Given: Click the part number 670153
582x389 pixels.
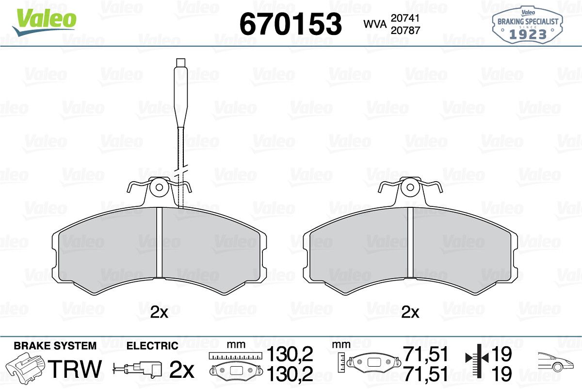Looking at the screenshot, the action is pyautogui.click(x=291, y=24).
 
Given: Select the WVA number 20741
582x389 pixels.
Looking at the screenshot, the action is pyautogui.click(x=405, y=18).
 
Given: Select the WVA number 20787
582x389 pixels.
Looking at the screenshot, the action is pyautogui.click(x=405, y=31).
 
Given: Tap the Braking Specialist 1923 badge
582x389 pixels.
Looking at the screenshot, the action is pyautogui.click(x=528, y=25).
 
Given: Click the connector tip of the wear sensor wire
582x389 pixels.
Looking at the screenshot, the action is pyautogui.click(x=180, y=63).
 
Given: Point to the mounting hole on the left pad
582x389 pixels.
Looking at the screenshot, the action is pyautogui.click(x=159, y=187).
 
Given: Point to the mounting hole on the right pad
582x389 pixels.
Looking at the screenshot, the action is pyautogui.click(x=410, y=187).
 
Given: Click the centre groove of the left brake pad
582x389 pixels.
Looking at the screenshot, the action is pyautogui.click(x=159, y=242).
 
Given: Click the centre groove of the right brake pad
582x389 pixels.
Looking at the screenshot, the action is pyautogui.click(x=410, y=242).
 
